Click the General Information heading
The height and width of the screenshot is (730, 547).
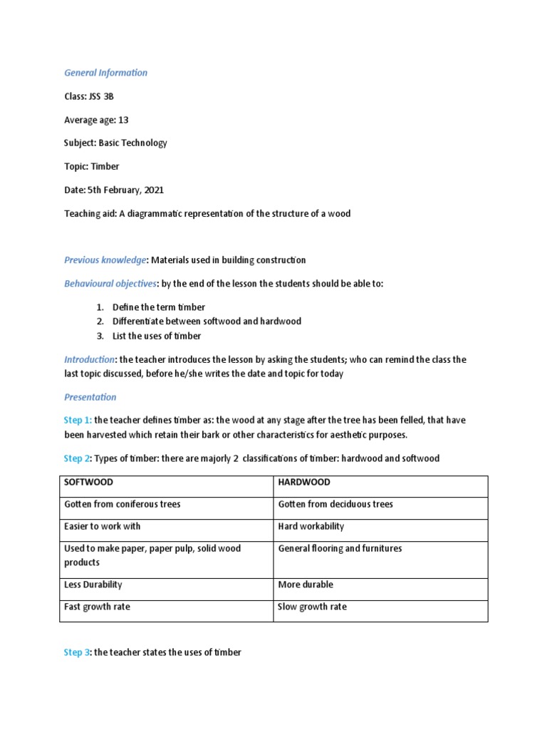pos(105,73)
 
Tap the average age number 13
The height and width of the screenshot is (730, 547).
pos(123,120)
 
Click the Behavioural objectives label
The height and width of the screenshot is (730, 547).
pos(110,284)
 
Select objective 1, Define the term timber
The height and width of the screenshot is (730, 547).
pos(158,307)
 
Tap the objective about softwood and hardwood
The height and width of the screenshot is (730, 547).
pos(207,322)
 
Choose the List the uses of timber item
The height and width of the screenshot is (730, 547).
pos(157,336)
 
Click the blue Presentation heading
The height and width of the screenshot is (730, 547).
pos(90,397)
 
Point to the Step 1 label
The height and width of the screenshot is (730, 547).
pos(77,421)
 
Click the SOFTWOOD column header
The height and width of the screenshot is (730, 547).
pos(88,483)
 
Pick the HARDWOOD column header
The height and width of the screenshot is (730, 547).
pos(304,483)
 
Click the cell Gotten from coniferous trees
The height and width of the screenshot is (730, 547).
pos(123,505)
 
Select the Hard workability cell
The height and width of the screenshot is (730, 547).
pos(311,527)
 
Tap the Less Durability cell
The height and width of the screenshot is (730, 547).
pos(93,585)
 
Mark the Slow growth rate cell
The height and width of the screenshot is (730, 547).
pos(312,607)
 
